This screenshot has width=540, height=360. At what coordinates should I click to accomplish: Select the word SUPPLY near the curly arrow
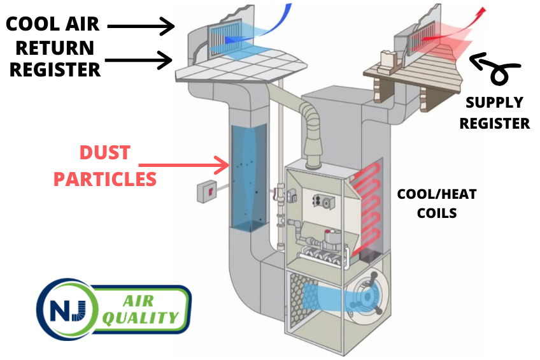[x=494, y=103]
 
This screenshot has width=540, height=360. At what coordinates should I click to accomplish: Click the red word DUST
[x=104, y=153]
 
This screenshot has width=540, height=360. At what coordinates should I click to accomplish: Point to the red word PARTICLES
[x=104, y=179]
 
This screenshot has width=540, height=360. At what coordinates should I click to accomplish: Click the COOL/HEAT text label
[x=436, y=194]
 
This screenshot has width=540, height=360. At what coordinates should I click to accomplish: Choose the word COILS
[x=436, y=213]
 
